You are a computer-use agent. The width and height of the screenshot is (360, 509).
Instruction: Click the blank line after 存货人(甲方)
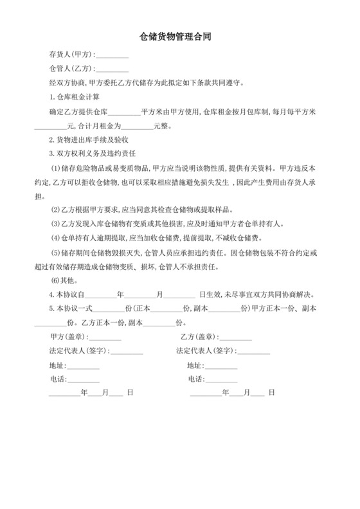click(x=113, y=55)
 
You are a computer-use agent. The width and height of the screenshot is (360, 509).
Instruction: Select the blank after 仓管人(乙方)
click(x=113, y=68)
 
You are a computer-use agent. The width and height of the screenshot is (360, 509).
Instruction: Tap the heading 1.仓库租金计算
click(x=74, y=96)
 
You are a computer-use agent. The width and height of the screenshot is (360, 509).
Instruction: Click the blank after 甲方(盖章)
click(x=105, y=337)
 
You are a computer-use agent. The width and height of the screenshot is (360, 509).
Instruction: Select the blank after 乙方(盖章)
click(x=237, y=337)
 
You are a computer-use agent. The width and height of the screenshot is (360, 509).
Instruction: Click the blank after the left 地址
click(x=84, y=365)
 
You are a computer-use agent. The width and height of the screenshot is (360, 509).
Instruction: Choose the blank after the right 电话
click(x=221, y=379)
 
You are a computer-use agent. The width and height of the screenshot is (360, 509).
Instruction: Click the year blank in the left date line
click(x=64, y=393)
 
